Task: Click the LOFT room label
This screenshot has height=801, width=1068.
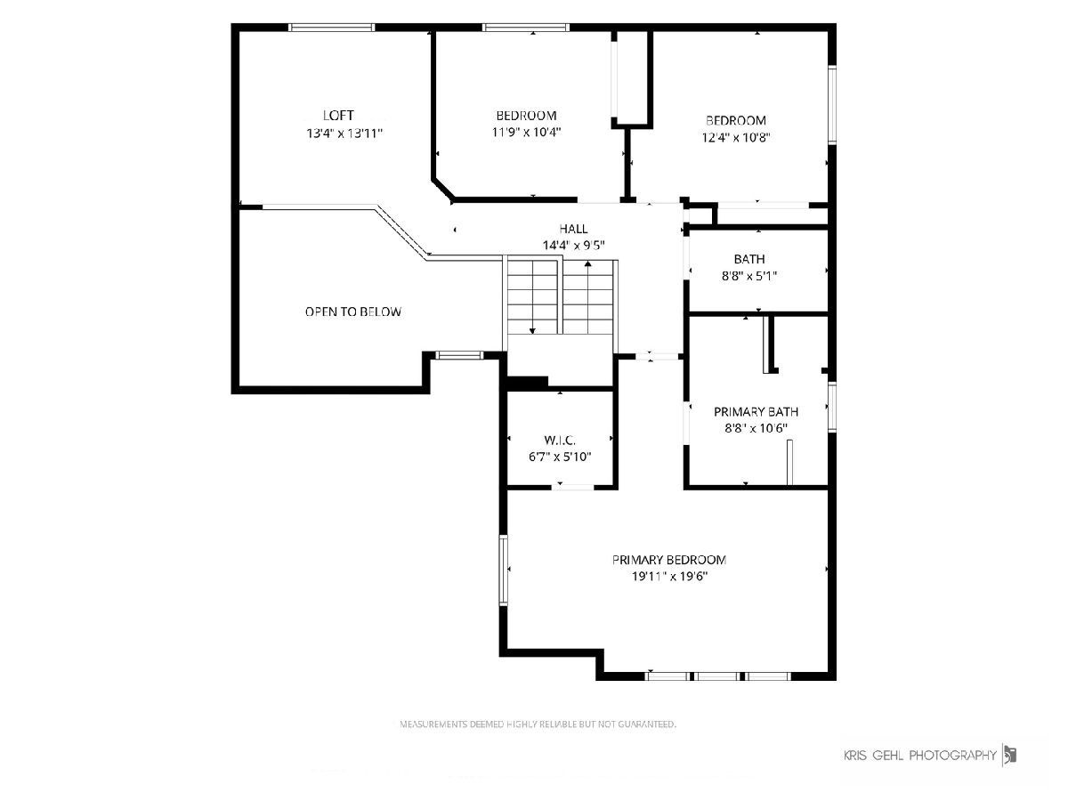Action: click(338, 116)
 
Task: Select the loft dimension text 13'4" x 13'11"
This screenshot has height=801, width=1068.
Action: click(344, 133)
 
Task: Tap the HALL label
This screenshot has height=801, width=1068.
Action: click(573, 229)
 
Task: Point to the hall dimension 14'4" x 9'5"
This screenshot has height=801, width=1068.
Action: click(574, 245)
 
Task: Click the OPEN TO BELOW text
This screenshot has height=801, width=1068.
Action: click(353, 311)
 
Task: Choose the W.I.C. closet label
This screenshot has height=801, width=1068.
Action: click(560, 441)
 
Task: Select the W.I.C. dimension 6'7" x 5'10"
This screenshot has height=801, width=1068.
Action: click(560, 457)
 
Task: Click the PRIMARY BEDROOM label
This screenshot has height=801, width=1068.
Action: click(669, 560)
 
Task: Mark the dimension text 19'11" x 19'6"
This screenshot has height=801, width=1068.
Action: click(669, 577)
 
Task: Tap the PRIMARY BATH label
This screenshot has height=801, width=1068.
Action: click(756, 412)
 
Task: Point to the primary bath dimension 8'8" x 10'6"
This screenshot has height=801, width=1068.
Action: click(756, 428)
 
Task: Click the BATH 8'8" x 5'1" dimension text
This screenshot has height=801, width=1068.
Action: click(749, 276)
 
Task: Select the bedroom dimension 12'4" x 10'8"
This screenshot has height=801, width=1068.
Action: click(736, 138)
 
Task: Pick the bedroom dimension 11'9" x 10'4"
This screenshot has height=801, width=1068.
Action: click(527, 132)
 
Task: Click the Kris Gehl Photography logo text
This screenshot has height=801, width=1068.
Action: click(920, 756)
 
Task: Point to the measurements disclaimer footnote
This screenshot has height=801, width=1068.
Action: click(538, 724)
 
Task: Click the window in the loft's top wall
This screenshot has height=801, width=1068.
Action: click(331, 28)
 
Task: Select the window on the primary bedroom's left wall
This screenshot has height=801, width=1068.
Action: click(503, 570)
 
